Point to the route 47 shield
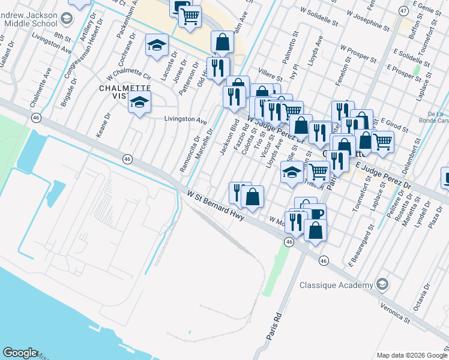403,11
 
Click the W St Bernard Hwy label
216,205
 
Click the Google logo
20,353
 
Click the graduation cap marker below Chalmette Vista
139,104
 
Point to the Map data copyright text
412,355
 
